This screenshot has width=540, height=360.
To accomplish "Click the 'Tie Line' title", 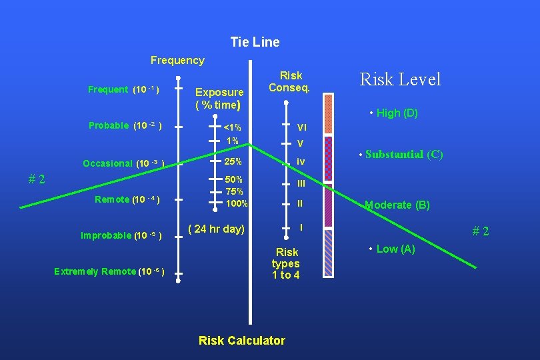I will (255, 42).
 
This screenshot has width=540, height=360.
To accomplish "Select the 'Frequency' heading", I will (177, 60).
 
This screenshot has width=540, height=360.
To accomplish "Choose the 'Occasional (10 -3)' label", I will (123, 163).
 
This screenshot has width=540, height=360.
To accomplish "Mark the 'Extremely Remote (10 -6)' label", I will (109, 271).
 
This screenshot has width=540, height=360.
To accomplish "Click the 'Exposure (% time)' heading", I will (219, 98).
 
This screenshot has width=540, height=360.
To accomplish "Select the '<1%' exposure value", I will (232, 127).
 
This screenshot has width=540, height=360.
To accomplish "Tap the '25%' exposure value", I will (233, 162).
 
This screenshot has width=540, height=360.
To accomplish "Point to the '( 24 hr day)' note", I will (217, 229).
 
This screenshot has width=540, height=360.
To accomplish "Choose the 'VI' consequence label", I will (301, 127).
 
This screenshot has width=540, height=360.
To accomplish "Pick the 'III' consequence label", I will (301, 183).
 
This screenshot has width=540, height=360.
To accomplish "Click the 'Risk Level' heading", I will (400, 79).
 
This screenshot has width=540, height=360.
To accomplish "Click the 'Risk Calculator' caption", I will (241, 341).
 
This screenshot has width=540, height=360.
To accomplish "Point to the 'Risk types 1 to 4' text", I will (287, 263).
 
